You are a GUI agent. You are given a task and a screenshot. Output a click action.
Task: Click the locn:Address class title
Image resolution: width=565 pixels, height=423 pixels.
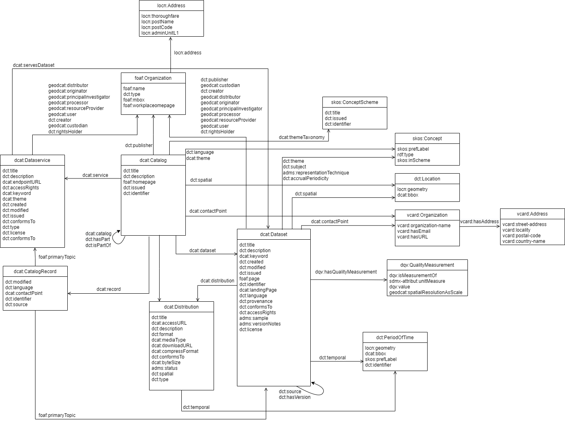[x=171, y=6]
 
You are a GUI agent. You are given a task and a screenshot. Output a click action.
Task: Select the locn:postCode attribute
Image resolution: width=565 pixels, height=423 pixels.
[x=157, y=27]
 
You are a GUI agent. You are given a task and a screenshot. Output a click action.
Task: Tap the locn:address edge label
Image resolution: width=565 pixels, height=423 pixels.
[x=187, y=53]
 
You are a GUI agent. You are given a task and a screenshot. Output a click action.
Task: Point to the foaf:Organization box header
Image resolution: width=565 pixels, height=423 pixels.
[x=153, y=78]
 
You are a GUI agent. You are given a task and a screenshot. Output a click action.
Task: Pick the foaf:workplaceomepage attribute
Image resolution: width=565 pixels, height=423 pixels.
[x=149, y=106]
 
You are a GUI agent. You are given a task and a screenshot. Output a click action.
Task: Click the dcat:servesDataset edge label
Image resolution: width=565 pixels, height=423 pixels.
[x=33, y=65]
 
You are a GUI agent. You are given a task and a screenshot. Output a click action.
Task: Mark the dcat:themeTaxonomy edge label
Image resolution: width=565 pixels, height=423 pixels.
[x=301, y=137]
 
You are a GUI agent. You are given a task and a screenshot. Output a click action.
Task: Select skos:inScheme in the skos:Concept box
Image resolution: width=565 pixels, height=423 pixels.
[x=413, y=160]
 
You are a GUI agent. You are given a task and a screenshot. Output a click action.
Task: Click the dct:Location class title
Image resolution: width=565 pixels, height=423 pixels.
[x=427, y=179]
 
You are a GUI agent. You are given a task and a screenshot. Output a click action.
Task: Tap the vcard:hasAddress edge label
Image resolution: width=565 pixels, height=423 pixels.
[x=479, y=222]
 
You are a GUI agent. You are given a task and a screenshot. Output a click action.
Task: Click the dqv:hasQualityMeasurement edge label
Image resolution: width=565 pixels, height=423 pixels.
[x=346, y=272]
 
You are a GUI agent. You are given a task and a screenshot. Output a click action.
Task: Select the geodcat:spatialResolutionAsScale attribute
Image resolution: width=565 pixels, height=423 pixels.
[x=426, y=292]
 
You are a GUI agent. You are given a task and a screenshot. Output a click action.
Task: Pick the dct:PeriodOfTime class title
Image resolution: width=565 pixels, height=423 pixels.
[x=395, y=338]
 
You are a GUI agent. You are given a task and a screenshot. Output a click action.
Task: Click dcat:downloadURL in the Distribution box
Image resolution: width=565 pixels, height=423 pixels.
[x=172, y=346]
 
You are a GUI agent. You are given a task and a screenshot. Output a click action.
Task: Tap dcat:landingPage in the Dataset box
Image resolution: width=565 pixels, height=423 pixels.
[x=258, y=290]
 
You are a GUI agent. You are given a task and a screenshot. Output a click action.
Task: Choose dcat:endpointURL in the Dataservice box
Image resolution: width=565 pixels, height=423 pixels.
[x=22, y=182]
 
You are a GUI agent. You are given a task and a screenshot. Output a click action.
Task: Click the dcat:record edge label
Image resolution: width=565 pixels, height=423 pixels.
[x=108, y=289]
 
